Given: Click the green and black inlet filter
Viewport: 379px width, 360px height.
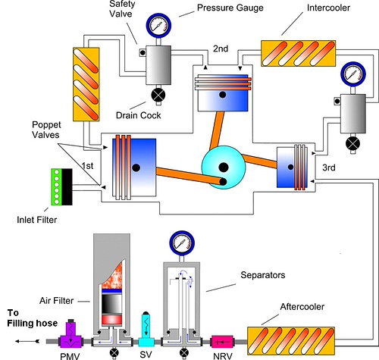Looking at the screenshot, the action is click(62, 186).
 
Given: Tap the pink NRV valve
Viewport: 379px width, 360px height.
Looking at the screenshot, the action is click(222, 342).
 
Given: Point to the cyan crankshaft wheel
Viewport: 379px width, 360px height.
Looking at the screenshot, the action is click(224, 167).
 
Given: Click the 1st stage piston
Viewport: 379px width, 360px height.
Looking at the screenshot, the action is click(134, 167).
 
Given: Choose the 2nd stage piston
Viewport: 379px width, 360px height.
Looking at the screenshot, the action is click(223, 92).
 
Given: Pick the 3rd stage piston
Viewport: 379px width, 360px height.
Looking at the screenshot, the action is click(293, 167).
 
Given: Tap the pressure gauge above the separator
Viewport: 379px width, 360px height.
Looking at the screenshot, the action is click(182, 243).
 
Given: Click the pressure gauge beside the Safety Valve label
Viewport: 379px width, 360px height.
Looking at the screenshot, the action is click(158, 25).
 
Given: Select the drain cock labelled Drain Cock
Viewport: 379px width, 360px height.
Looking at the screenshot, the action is click(158, 95).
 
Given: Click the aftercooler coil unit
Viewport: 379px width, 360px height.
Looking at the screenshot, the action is click(291, 341).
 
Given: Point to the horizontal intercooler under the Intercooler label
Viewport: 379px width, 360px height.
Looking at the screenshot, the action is click(298, 54).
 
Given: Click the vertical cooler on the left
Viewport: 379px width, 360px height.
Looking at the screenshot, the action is click(86, 84).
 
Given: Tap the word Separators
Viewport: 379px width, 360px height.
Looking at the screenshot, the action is click(263, 275).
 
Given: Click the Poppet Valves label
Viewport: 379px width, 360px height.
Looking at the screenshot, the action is click(46, 130).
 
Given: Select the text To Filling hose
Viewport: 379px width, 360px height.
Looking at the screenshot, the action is click(33, 318).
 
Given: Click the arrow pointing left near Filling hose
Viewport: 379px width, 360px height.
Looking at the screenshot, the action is click(27, 341).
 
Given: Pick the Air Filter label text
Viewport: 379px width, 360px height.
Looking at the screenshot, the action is click(56, 301).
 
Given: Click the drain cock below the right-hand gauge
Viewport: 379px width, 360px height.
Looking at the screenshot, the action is click(352, 144).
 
